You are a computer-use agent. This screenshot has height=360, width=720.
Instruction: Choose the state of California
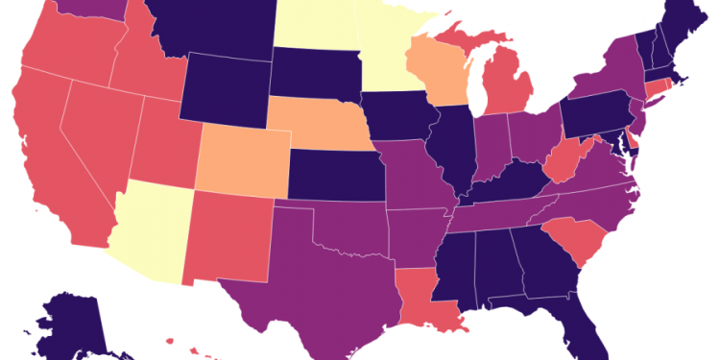[x=43, y=163]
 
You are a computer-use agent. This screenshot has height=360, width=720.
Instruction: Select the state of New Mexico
[x=230, y=235]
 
